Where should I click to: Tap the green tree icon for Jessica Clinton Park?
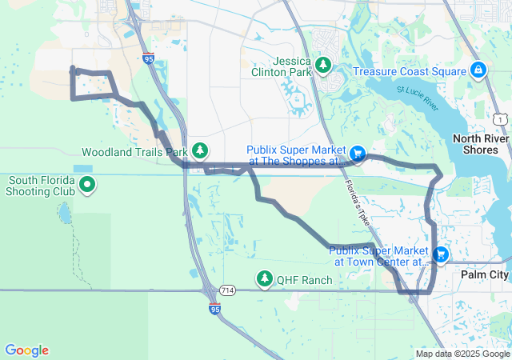323,64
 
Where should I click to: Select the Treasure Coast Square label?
410,71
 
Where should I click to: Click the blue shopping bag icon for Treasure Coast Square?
478,70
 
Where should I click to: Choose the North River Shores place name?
481,144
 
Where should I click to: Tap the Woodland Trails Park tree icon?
200,150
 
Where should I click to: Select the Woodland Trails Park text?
134,151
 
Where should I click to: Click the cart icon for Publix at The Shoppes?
358,152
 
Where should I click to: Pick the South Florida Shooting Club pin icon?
87,186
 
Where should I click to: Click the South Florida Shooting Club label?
40,186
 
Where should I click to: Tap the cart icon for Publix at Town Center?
440,254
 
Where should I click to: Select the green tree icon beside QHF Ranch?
264,278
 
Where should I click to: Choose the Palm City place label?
485,274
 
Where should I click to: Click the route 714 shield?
228,289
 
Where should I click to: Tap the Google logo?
26,350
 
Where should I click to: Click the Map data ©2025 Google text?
462,354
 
